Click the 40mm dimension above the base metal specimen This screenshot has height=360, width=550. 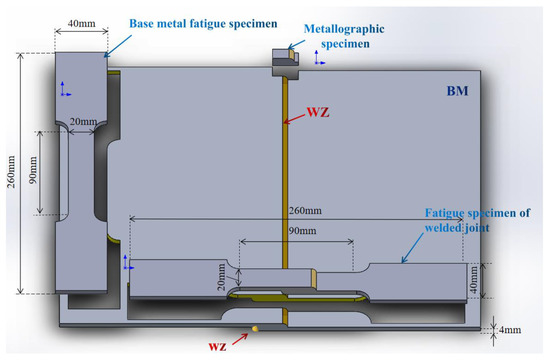click(x=80, y=21)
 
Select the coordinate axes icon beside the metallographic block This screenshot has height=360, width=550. click(x=317, y=63)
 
